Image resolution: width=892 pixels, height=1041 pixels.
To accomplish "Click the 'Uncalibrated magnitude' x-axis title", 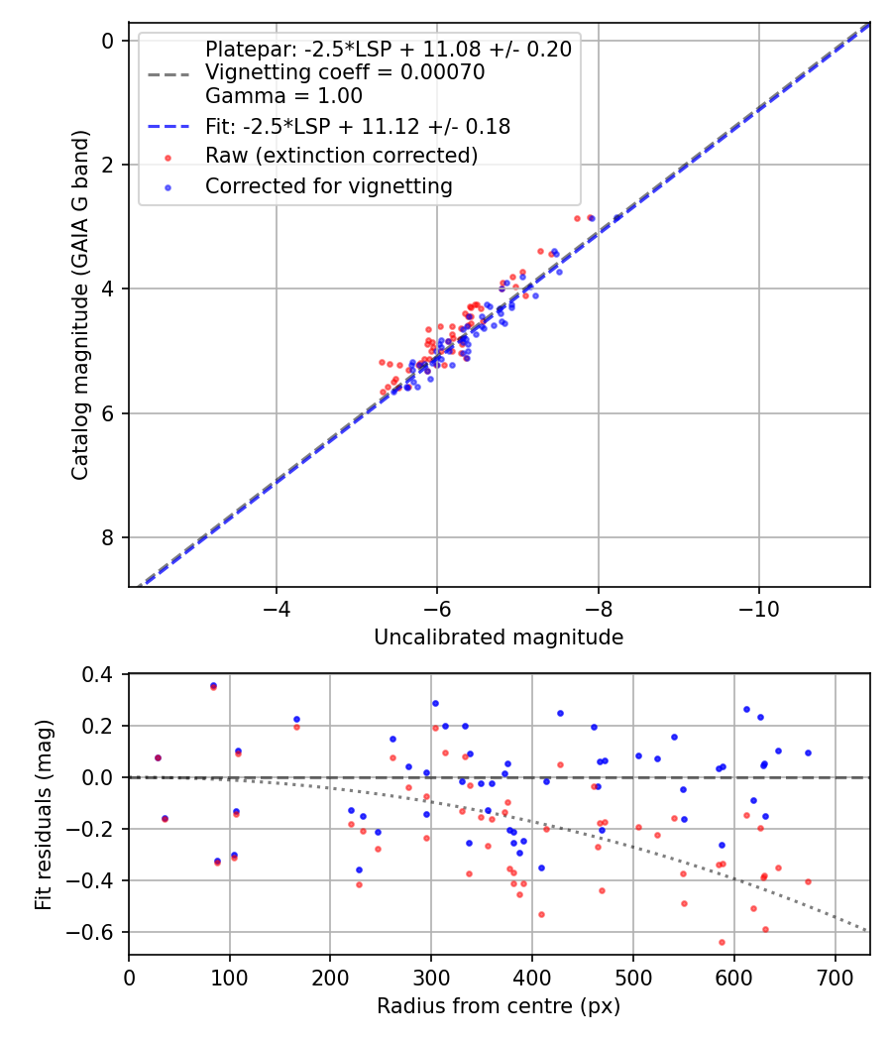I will click(499, 637).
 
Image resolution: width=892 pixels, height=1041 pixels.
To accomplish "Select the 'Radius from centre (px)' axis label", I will click(499, 1006).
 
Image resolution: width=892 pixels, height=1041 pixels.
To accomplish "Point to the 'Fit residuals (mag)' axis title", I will click(44, 815).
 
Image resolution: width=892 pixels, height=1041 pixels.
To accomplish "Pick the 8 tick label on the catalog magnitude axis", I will click(108, 538).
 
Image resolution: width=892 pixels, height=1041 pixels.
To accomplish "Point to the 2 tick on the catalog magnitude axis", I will click(108, 165).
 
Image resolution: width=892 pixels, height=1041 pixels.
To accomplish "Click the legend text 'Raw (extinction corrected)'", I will click(341, 156).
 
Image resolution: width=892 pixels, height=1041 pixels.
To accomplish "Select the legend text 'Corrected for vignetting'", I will click(328, 186).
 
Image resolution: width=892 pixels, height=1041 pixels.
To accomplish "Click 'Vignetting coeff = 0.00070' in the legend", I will click(345, 72).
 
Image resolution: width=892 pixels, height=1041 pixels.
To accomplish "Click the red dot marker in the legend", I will click(168, 157).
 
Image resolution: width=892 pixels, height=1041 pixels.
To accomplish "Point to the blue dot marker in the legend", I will click(168, 186).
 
